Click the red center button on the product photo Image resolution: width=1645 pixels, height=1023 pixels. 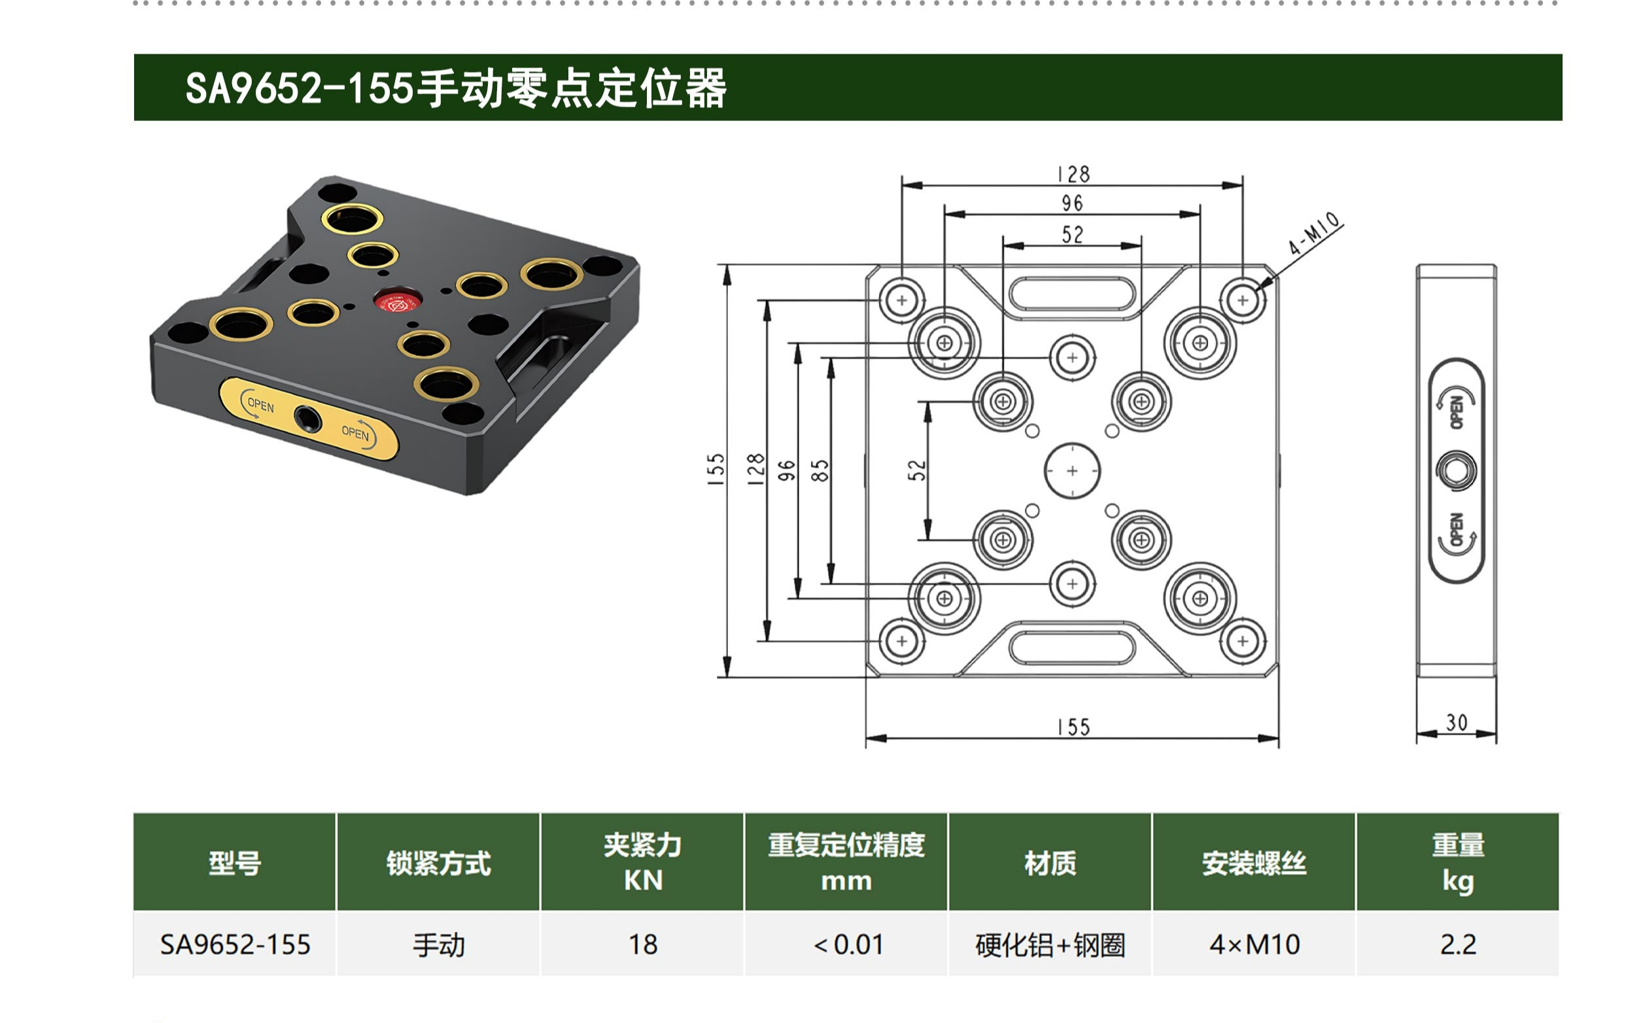point(397,301)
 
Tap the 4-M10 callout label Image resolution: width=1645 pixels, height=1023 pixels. point(1313,234)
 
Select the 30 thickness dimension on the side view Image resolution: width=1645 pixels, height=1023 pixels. point(1456,723)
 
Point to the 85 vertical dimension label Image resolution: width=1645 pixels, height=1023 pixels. point(819,470)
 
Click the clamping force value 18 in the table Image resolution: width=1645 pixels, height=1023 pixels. point(642,945)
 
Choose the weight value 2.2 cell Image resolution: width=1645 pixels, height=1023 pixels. point(1458,945)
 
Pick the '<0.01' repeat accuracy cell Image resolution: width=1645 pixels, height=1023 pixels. point(847,945)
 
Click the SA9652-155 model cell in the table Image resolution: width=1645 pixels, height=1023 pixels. point(235,945)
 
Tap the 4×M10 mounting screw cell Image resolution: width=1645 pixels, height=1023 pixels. point(1254,945)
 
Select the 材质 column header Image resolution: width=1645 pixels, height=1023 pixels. point(1050,863)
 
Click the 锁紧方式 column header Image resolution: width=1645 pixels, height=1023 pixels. point(438,863)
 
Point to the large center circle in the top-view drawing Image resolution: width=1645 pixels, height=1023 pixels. point(1072,470)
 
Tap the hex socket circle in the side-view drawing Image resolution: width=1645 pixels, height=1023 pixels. point(1456,470)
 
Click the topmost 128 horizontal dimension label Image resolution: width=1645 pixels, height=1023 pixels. point(1073,175)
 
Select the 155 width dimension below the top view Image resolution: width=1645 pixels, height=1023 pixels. point(1073,727)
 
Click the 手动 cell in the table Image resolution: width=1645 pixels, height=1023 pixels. point(438,945)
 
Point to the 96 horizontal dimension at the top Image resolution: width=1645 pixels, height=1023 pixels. point(1072,203)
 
